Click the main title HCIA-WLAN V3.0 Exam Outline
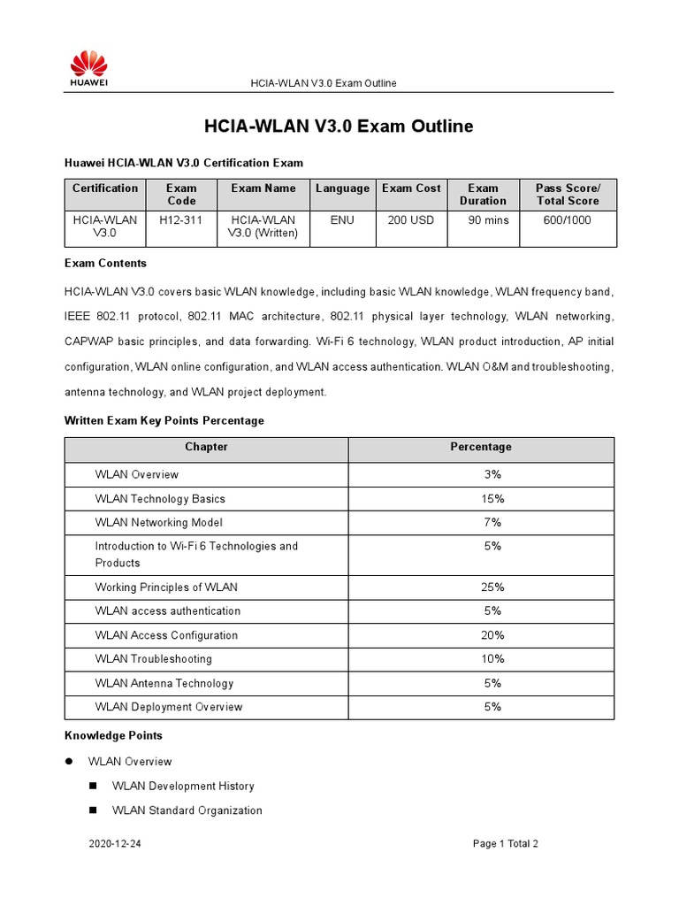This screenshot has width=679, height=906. (x=339, y=127)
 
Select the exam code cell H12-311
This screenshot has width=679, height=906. (x=181, y=219)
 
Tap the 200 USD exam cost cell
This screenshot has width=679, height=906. (x=411, y=219)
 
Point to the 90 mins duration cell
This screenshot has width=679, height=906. (x=483, y=219)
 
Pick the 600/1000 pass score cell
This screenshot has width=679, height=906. (x=568, y=219)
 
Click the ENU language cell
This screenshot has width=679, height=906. (x=342, y=219)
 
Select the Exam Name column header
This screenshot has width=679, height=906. (x=263, y=188)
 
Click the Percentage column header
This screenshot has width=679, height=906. (x=481, y=447)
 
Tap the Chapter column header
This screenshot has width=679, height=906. (x=206, y=447)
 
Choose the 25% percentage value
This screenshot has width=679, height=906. (x=492, y=587)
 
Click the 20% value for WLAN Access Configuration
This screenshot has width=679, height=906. (x=492, y=635)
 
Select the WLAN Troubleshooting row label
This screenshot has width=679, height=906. (x=153, y=659)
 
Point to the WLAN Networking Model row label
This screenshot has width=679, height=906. (x=158, y=522)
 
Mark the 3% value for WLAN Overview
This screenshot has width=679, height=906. (x=492, y=474)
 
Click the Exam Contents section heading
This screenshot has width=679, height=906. (x=105, y=264)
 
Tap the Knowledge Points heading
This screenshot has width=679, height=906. (x=113, y=735)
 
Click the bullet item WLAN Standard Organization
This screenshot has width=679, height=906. (x=187, y=810)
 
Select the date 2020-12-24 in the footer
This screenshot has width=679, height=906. (x=115, y=844)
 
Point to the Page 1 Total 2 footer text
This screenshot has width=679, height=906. (x=505, y=844)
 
